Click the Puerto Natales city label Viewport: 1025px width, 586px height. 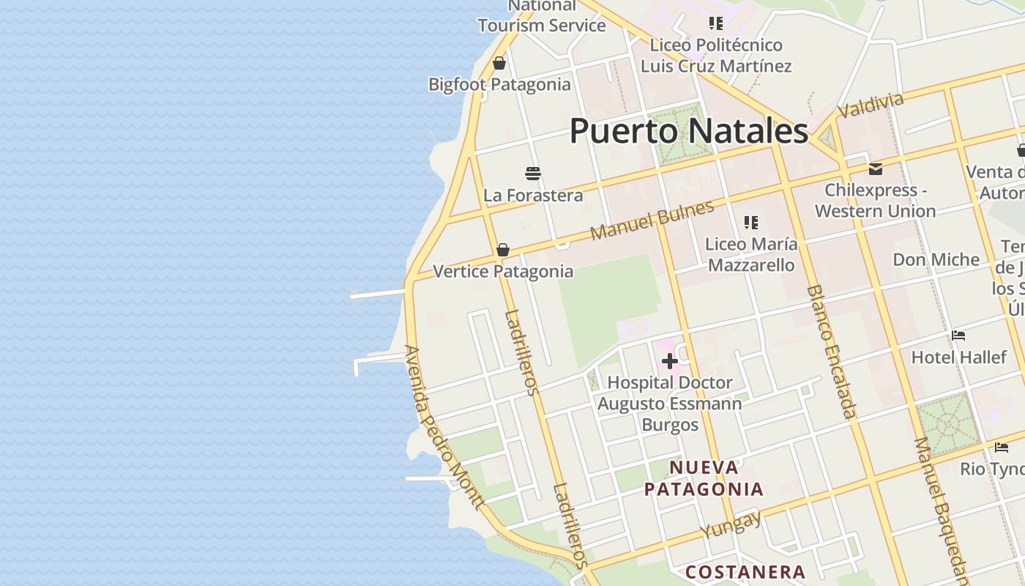pyautogui.click(x=688, y=132)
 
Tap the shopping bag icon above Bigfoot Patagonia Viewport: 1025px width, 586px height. pyautogui.click(x=499, y=64)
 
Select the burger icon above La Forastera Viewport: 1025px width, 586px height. pyautogui.click(x=533, y=174)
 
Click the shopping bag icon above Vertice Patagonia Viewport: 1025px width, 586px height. pyautogui.click(x=503, y=251)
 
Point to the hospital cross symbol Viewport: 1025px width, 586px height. pyautogui.click(x=669, y=361)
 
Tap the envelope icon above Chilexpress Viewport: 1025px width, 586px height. pyautogui.click(x=875, y=169)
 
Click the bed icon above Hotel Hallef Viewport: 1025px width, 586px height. pyautogui.click(x=958, y=336)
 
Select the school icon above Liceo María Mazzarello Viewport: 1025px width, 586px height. pyautogui.click(x=751, y=222)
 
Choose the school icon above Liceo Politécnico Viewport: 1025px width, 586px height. pyautogui.click(x=716, y=23)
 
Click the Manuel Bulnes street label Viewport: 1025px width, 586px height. pyautogui.click(x=652, y=220)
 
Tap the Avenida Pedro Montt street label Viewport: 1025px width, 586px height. pyautogui.click(x=444, y=427)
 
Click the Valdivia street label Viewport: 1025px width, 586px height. pyautogui.click(x=871, y=105)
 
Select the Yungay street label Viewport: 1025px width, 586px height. pyautogui.click(x=730, y=524)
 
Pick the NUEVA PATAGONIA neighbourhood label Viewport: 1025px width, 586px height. pyautogui.click(x=704, y=478)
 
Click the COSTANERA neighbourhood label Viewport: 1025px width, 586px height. pyautogui.click(x=745, y=572)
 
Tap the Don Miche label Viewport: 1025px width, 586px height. pyautogui.click(x=936, y=260)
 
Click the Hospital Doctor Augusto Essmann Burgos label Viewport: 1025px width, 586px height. pyautogui.click(x=669, y=403)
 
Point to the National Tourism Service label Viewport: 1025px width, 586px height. pyautogui.click(x=542, y=16)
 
